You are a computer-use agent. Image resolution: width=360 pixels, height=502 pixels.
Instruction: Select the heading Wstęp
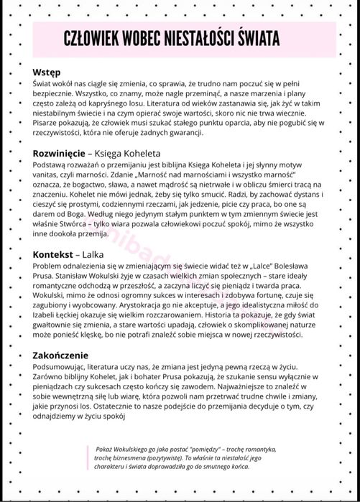(x=47, y=73)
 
